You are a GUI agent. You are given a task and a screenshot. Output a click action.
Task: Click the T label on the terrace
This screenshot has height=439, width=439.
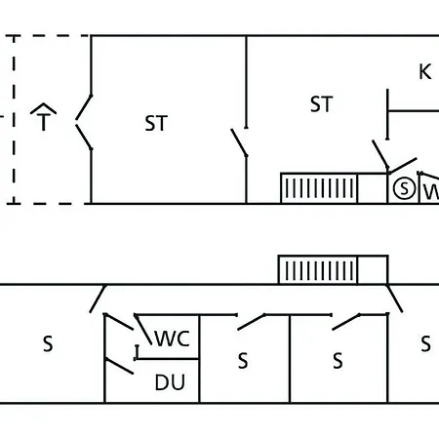point(44,122)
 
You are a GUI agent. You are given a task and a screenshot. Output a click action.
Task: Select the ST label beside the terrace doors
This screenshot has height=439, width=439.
point(156,123)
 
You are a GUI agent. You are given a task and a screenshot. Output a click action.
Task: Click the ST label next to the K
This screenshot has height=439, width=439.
point(321,104)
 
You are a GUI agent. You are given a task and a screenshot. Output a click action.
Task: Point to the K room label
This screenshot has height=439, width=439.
point(425,72)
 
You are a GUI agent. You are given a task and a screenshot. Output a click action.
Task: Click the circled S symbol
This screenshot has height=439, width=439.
point(404,188)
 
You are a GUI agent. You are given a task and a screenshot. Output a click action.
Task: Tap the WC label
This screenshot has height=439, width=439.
point(172,339)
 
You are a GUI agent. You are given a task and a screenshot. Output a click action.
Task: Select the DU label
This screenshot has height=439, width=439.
point(170,382)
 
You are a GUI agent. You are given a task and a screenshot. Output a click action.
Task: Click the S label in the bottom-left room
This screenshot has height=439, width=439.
point(48,343)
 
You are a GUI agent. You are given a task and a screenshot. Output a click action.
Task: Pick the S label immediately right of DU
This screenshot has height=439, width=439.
point(243,361)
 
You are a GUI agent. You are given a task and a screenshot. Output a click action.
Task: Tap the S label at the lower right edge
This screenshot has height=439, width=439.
point(425,343)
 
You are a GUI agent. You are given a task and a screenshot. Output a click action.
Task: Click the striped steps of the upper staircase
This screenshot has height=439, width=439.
point(319,188)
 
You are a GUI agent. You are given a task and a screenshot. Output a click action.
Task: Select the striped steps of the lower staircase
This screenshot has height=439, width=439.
point(318,270)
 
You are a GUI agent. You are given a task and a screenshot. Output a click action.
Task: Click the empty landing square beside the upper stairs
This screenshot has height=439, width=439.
point(373,188)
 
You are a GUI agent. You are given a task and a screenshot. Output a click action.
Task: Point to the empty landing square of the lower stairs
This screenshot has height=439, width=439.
point(373,270)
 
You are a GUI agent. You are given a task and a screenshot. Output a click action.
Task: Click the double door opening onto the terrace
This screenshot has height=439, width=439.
point(84,122)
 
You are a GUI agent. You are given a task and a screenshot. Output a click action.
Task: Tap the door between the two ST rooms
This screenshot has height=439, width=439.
point(239,142)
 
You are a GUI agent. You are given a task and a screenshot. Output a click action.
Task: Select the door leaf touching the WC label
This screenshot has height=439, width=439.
point(143,330)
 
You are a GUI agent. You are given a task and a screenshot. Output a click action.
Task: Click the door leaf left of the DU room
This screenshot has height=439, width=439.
point(119,366)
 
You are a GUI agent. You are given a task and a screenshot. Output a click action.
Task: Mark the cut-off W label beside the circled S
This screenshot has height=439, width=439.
point(431,192)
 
